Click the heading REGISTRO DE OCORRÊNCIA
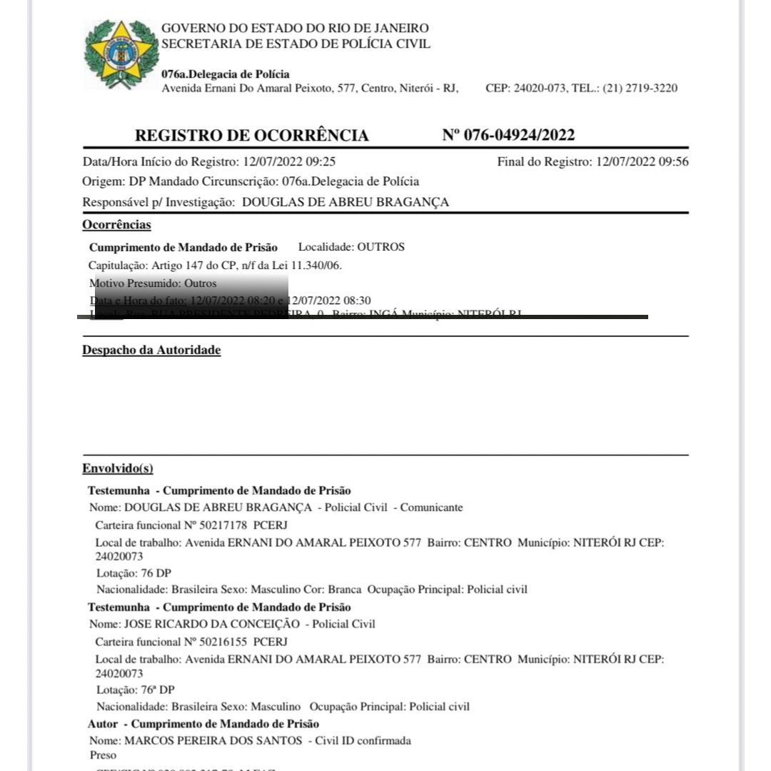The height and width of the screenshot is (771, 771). tap(252, 136)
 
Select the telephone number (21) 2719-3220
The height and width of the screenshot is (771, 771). tap(640, 89)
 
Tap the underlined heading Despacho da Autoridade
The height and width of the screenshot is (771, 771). tap(151, 351)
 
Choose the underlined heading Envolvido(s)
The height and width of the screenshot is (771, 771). tap(118, 469)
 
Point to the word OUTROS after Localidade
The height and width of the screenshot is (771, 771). tap(381, 247)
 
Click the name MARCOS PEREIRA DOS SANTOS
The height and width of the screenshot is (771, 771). tap(213, 740)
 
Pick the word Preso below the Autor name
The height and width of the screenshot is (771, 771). tap(103, 755)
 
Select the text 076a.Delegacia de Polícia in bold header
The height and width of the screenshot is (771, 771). tap(226, 74)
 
